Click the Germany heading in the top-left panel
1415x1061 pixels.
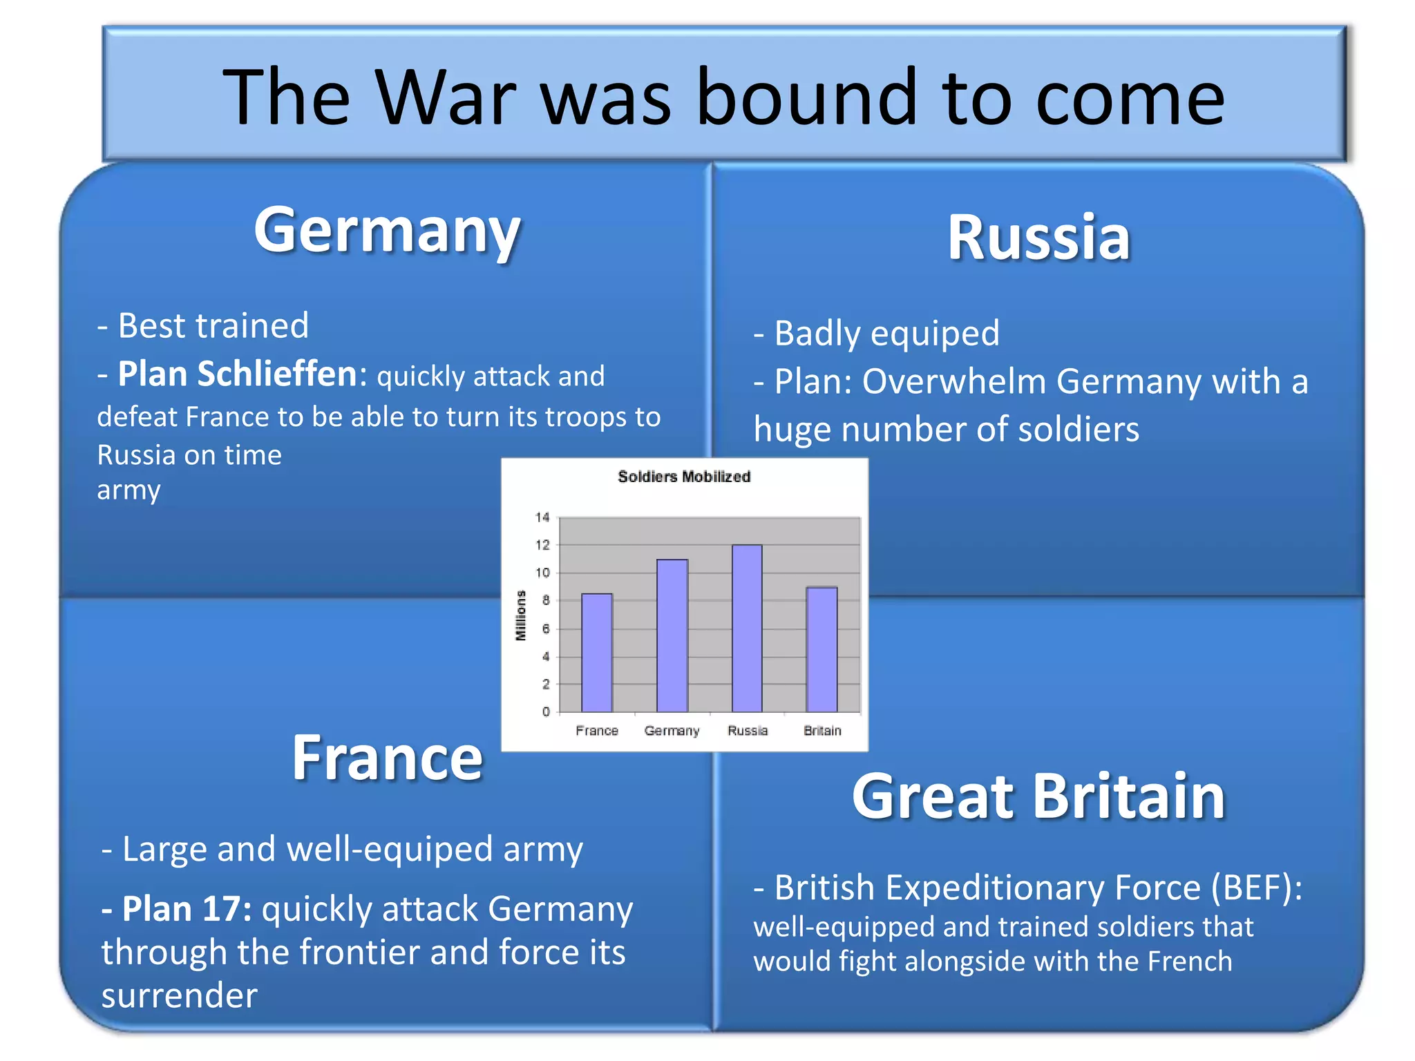click(387, 231)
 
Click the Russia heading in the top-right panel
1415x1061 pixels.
click(1038, 238)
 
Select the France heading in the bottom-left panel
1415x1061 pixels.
click(387, 758)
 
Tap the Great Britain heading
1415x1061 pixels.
click(1038, 796)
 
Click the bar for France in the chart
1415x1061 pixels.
click(596, 653)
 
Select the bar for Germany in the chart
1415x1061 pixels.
click(672, 635)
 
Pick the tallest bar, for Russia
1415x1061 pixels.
click(747, 629)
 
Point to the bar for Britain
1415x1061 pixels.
click(822, 649)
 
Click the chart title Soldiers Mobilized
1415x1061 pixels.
click(683, 477)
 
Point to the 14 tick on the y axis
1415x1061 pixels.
click(542, 517)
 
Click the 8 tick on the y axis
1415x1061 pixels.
click(546, 601)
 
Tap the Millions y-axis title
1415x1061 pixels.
click(521, 615)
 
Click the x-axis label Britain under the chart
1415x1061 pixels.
click(822, 731)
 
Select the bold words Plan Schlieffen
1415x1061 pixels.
click(237, 374)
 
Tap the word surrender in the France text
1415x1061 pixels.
click(180, 996)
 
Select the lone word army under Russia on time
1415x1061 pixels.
click(129, 490)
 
